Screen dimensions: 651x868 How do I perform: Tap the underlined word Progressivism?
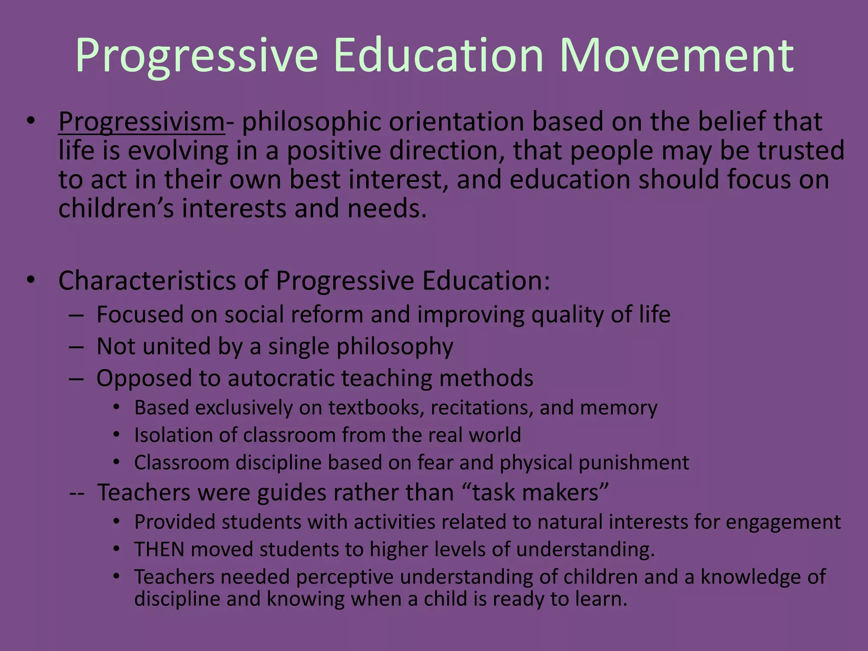point(142,122)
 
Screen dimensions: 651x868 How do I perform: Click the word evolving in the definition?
point(178,151)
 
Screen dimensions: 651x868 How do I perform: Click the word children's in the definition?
point(116,209)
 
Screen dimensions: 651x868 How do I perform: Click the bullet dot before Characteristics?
point(31,281)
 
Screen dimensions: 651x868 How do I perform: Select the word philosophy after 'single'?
point(395,347)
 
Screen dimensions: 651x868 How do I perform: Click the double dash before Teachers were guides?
point(77,493)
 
